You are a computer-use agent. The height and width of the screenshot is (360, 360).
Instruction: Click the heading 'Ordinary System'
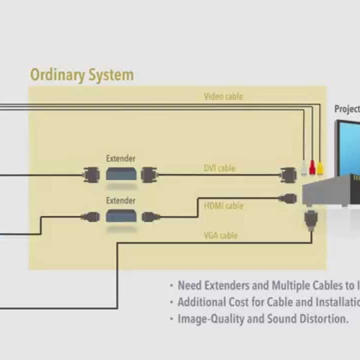click(82, 76)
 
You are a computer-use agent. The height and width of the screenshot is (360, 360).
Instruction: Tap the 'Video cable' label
click(223, 96)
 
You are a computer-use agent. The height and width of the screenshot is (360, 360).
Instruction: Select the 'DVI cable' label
click(220, 169)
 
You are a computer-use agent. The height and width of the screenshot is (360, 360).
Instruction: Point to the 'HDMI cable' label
click(224, 206)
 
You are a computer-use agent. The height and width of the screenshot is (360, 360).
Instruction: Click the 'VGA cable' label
click(221, 236)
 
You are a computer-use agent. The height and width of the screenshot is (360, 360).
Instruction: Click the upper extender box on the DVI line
click(121, 175)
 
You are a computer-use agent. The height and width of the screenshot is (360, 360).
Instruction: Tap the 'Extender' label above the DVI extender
click(121, 159)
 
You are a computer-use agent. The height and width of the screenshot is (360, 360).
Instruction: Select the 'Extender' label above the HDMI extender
click(121, 200)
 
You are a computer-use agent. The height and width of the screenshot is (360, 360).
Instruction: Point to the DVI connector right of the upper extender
click(148, 175)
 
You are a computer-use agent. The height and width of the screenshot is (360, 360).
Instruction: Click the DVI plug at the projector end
click(289, 175)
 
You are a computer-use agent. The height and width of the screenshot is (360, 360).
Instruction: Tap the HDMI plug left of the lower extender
click(92, 216)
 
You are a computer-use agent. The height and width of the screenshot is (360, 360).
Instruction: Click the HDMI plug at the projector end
click(289, 197)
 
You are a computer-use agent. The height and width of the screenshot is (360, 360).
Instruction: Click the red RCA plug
click(313, 167)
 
